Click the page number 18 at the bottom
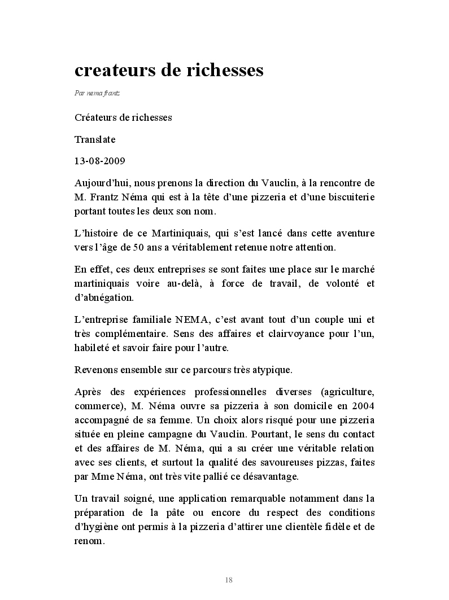coord(229,580)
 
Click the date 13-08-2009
coord(100,161)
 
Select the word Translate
coord(94,139)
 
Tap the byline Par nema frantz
coord(97,93)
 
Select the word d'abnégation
coord(104,297)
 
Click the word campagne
coord(207,435)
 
